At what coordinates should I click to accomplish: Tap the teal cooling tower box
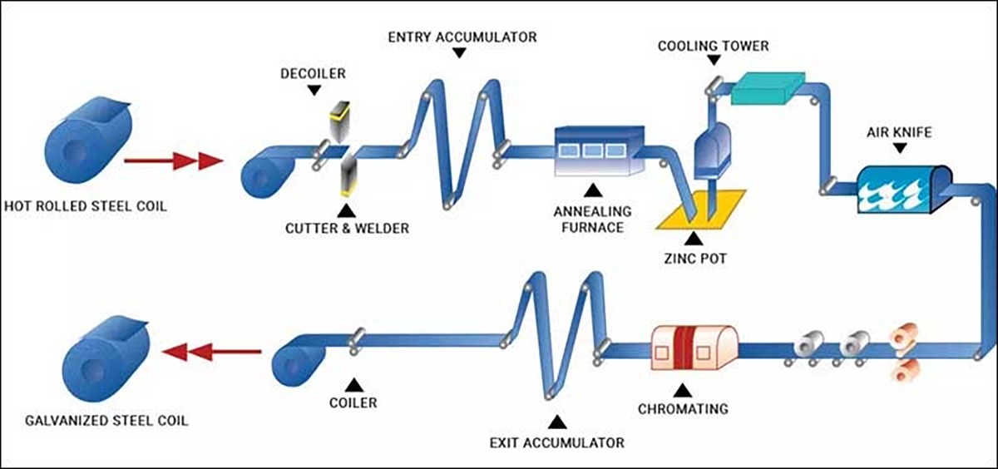click(x=767, y=87)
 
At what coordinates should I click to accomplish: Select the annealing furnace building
click(x=600, y=151)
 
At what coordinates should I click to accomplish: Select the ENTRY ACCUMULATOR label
click(x=462, y=37)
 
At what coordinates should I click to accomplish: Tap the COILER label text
click(x=353, y=403)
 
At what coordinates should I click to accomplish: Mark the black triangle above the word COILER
click(x=353, y=384)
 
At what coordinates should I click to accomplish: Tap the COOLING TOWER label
click(x=713, y=46)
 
